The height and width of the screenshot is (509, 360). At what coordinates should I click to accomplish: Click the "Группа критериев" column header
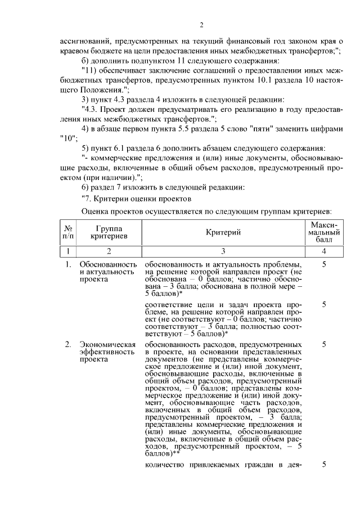point(109,232)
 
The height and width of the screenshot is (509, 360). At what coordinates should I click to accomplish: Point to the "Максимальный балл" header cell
point(324,232)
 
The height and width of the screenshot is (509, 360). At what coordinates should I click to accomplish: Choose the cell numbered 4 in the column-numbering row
point(324,251)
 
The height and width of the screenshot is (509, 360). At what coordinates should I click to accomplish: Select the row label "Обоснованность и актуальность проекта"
point(108,272)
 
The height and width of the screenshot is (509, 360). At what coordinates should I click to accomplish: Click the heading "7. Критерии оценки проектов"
point(137,199)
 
